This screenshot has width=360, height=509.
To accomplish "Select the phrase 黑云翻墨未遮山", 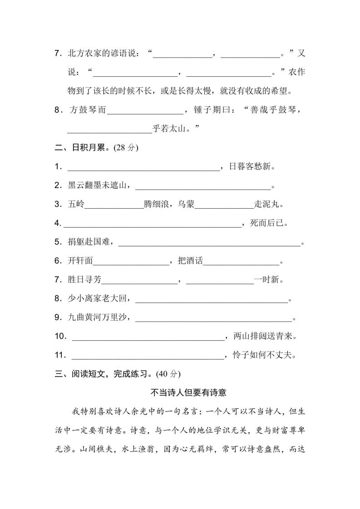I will (99, 186).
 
